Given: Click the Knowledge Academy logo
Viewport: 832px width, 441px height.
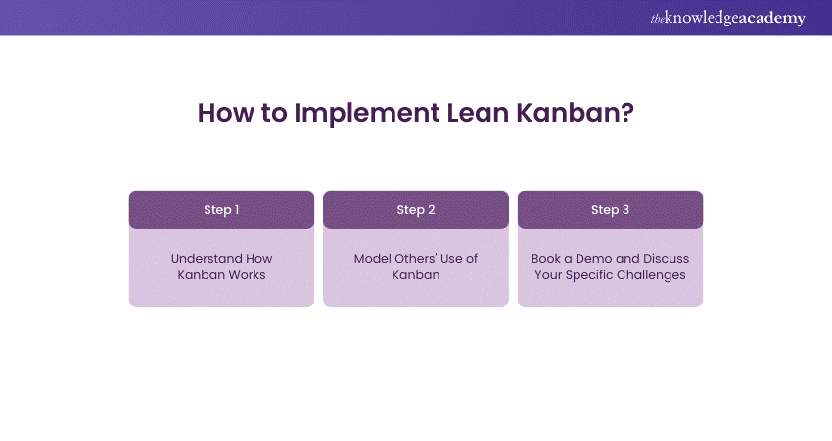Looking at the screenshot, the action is click(728, 18).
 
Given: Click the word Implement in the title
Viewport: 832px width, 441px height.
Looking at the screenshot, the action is click(367, 113).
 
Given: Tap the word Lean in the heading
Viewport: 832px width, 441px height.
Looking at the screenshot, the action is click(478, 113).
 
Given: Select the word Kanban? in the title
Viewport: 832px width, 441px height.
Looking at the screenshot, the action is click(576, 113).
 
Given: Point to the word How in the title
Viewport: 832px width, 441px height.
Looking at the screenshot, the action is click(226, 113).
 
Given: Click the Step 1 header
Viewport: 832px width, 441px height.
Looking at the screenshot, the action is click(221, 210).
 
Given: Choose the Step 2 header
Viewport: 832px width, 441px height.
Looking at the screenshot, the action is click(416, 210).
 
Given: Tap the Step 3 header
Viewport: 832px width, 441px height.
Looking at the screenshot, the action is click(610, 210).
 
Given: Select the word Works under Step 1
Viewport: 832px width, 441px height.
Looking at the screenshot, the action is click(245, 275).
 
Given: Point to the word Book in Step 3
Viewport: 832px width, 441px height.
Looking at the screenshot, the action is click(546, 259).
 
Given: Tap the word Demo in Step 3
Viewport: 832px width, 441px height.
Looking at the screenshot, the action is click(594, 259).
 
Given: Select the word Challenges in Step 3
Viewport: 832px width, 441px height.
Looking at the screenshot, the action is click(651, 275).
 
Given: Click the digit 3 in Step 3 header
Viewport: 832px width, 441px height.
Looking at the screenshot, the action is click(625, 210).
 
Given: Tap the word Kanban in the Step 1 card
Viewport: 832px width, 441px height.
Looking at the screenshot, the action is click(200, 275).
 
